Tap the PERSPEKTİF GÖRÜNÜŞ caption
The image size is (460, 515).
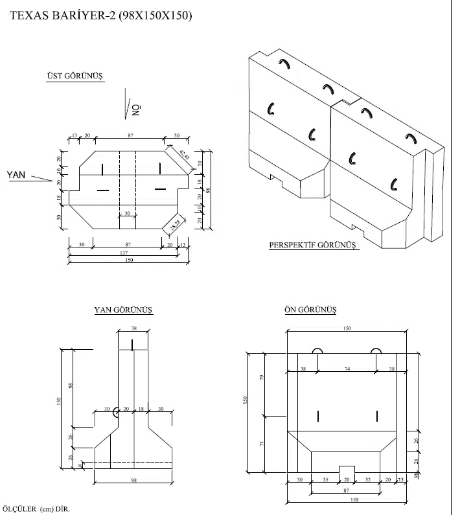coord(314,246)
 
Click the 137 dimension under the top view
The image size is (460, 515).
coord(122,252)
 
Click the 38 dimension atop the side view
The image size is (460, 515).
coord(133,328)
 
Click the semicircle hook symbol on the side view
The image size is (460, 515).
coord(115,411)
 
